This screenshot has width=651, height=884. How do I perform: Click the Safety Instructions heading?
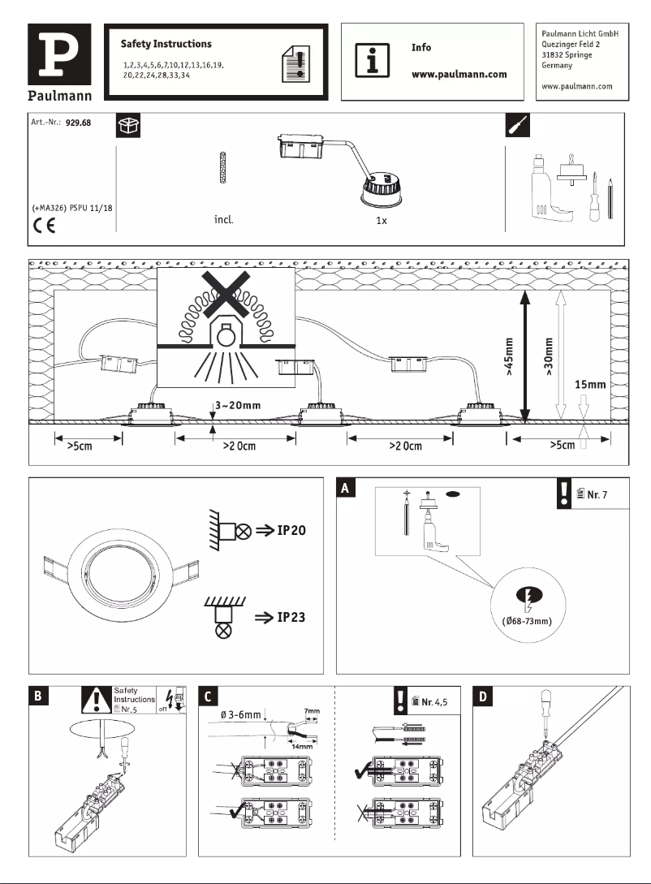point(166,44)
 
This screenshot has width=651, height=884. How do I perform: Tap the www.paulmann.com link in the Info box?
point(459,74)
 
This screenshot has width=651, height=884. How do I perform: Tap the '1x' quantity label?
point(380,221)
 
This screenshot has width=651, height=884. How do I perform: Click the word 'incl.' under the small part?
point(223,220)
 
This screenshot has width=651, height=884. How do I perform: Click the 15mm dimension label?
point(590,384)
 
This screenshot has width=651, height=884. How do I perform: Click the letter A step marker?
point(347,488)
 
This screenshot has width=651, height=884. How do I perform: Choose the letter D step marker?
point(484,696)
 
